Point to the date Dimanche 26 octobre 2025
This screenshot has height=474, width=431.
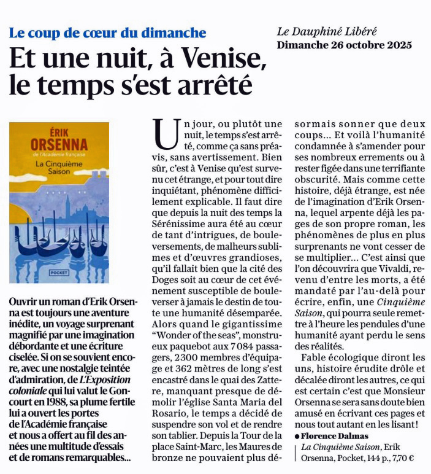click(x=344, y=45)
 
